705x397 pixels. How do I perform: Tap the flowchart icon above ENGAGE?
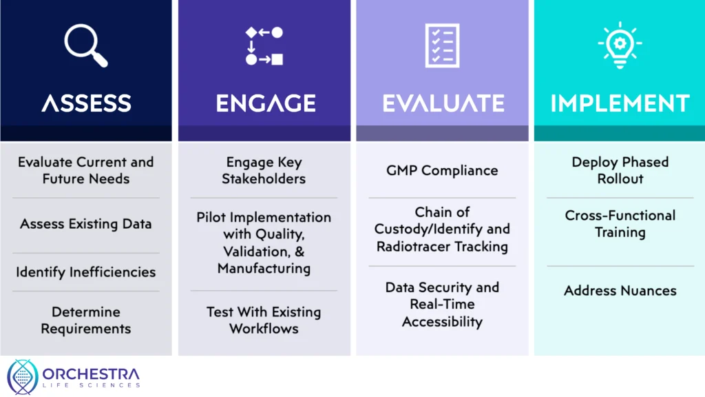tap(264, 46)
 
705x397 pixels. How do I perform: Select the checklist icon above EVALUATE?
tap(443, 45)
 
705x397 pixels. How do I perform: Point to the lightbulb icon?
tap(620, 45)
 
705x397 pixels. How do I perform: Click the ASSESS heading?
tap(86, 103)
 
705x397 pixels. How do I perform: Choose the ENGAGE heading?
tap(266, 103)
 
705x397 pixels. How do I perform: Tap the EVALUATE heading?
tap(443, 103)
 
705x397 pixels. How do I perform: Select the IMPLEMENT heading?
tap(620, 103)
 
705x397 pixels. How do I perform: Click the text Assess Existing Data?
tap(86, 224)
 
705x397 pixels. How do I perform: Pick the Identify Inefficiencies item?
tap(86, 272)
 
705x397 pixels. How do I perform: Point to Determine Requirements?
tap(86, 320)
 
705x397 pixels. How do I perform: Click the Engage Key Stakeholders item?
tap(264, 170)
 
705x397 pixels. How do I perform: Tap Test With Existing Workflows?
tap(264, 320)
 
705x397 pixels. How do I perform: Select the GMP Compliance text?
tap(443, 170)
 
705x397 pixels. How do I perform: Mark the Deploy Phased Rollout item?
tap(620, 170)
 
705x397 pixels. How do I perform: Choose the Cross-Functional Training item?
tap(620, 224)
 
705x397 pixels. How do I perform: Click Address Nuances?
tap(620, 290)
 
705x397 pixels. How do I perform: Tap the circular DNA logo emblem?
tap(23, 377)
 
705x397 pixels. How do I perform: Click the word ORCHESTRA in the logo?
tap(91, 374)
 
